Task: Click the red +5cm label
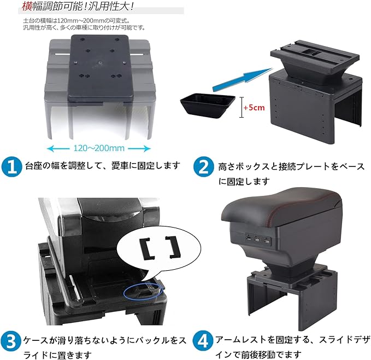click(255, 107)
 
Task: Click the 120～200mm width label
click(99, 148)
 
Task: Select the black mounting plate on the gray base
click(101, 66)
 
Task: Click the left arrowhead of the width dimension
click(50, 148)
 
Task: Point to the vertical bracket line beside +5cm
click(242, 107)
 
